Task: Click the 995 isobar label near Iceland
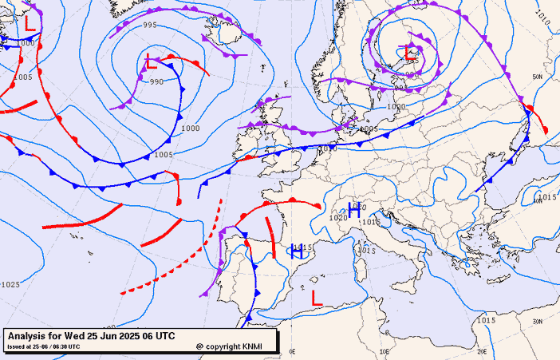[150, 26]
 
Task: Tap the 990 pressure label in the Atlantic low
[156, 81]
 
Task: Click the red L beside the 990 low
[152, 61]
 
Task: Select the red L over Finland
[411, 54]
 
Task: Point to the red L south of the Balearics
[317, 298]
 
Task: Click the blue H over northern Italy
[354, 212]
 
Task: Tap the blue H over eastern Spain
[296, 251]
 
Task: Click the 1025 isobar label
[10, 284]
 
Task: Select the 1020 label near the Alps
[338, 217]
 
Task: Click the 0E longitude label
[293, 350]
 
